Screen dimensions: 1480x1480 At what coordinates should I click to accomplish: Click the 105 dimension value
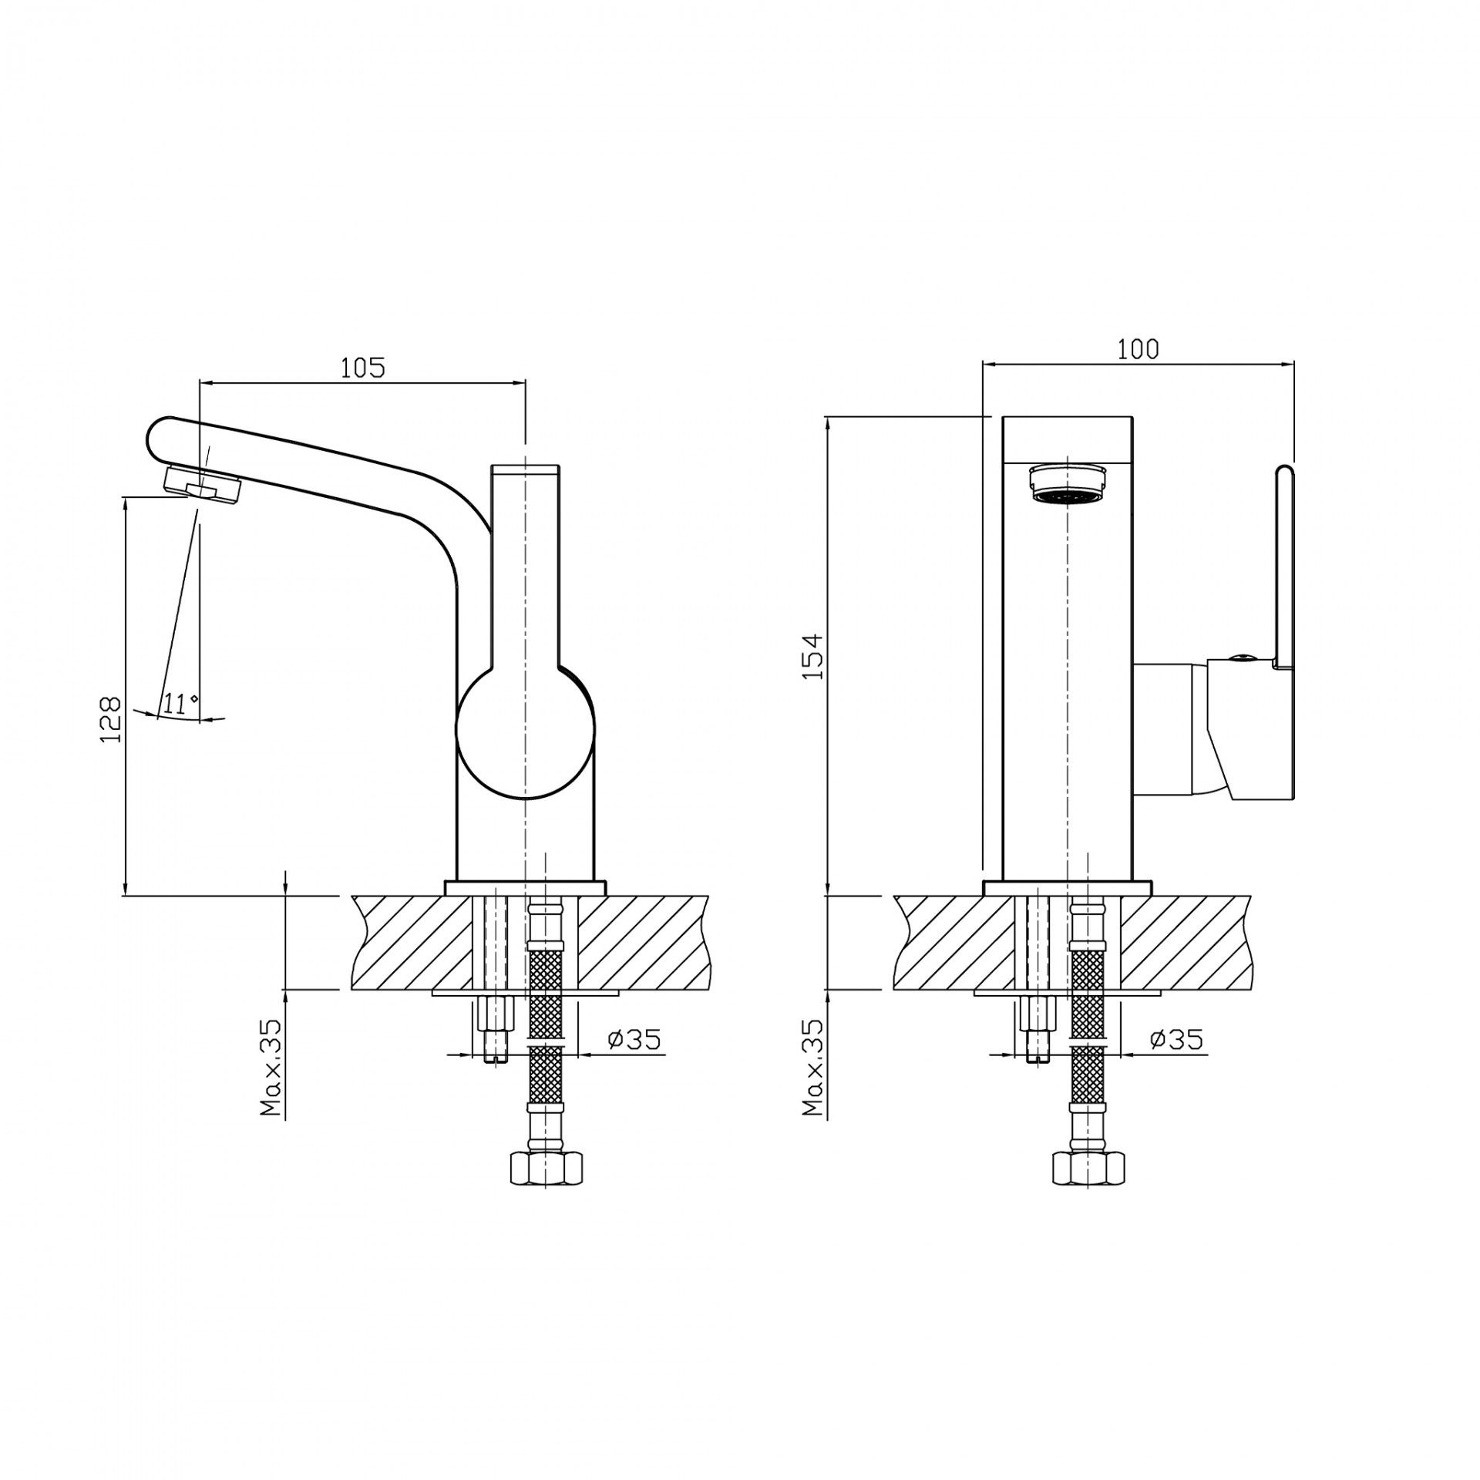point(362,368)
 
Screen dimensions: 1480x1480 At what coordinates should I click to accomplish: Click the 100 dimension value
point(1138,349)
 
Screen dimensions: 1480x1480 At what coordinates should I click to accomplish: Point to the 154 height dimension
point(812,656)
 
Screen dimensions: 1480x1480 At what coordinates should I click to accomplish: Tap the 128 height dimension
point(111,718)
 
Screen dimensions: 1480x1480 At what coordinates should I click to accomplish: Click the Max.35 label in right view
point(812,1067)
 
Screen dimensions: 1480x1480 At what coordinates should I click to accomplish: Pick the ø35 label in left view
point(634,1040)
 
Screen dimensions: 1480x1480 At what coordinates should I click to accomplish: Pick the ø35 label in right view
point(1176,1040)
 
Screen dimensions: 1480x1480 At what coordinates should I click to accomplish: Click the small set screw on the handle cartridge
point(1240,658)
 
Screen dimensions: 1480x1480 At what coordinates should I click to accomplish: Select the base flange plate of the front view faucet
point(1068,887)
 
